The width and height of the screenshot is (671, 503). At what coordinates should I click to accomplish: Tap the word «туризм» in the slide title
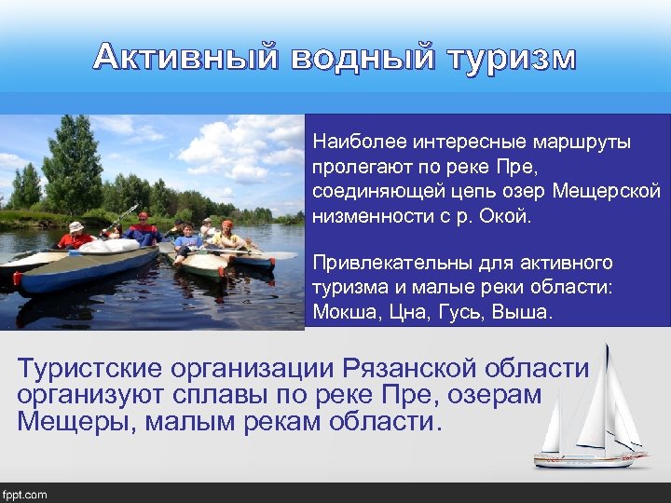(x=510, y=58)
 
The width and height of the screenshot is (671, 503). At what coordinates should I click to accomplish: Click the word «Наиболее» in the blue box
(x=357, y=143)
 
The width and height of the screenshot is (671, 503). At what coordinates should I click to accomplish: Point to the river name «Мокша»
(x=341, y=313)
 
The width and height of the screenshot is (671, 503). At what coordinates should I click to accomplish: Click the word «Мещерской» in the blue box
(x=607, y=192)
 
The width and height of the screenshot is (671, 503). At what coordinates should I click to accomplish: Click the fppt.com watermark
(x=25, y=495)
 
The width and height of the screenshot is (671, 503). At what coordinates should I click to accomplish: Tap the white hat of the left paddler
(x=76, y=226)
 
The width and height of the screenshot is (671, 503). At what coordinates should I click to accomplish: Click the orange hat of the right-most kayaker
(x=226, y=224)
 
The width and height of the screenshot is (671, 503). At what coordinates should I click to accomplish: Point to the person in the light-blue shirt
(x=188, y=240)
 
